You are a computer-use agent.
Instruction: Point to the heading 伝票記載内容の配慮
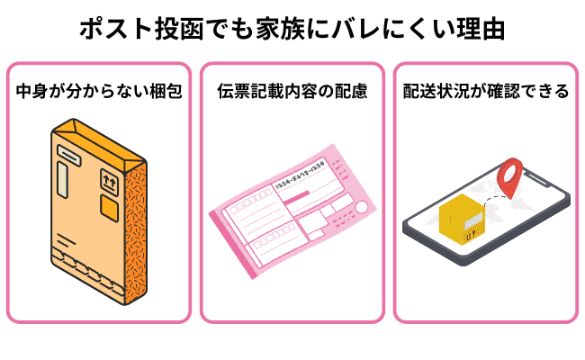click(x=292, y=92)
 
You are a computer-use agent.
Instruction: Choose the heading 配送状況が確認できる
click(x=486, y=92)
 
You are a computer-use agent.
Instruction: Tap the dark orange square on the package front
click(x=108, y=211)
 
